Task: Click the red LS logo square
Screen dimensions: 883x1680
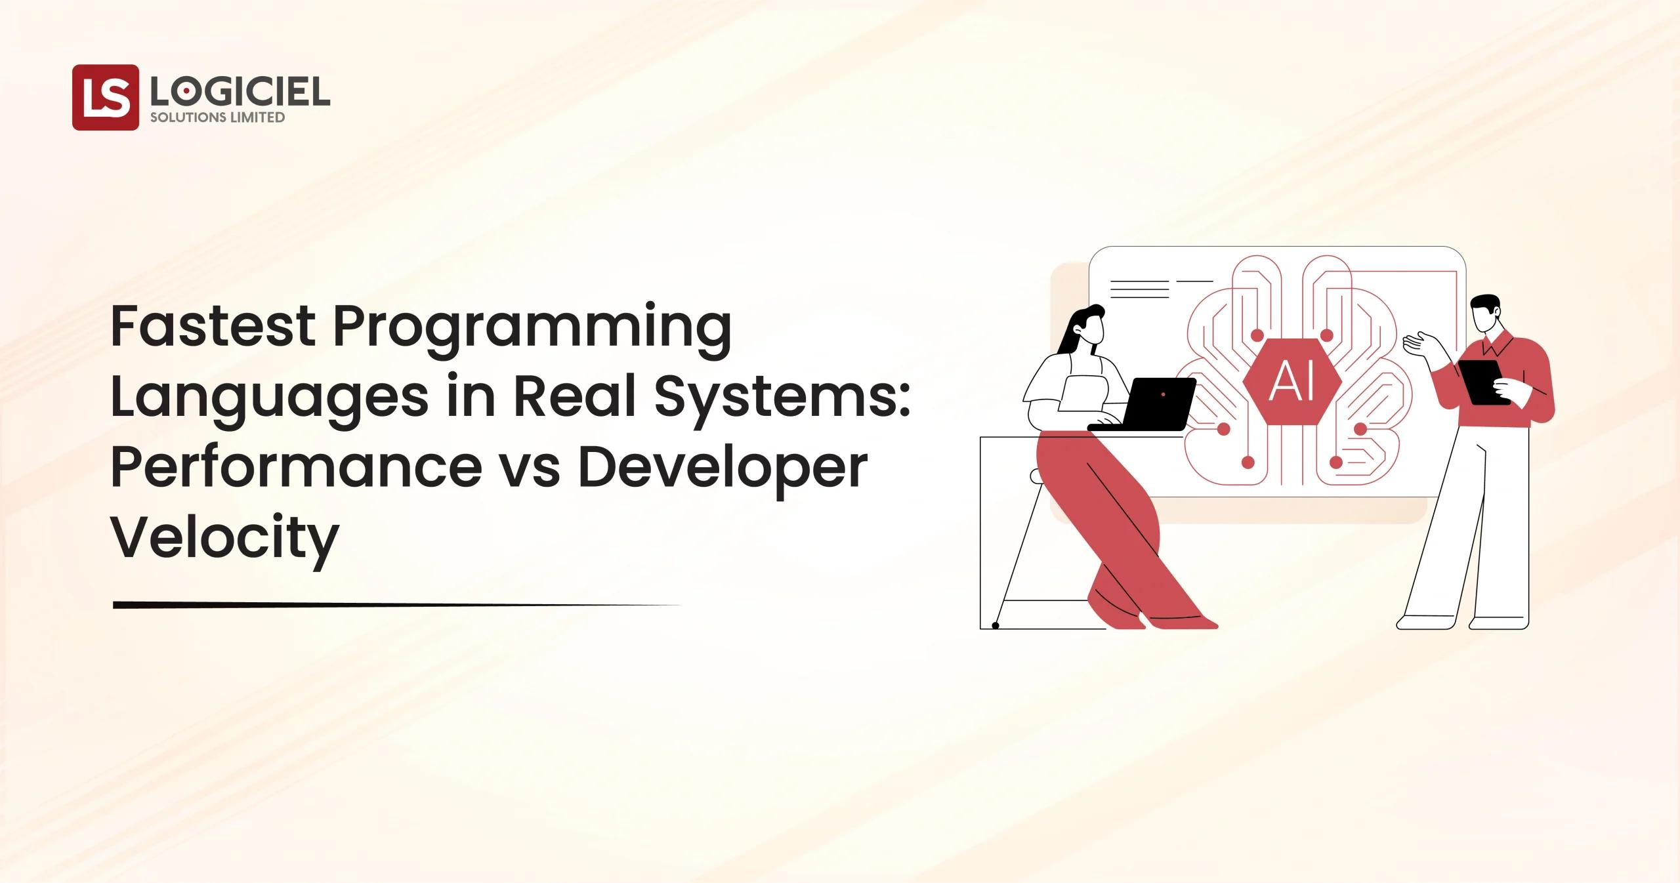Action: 105,97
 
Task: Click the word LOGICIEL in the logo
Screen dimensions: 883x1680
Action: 239,92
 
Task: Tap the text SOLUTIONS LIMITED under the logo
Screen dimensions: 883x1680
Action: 217,117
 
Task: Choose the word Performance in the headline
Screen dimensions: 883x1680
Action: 296,467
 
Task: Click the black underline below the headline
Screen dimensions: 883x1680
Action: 394,605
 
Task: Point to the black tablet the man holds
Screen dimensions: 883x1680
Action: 1484,382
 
